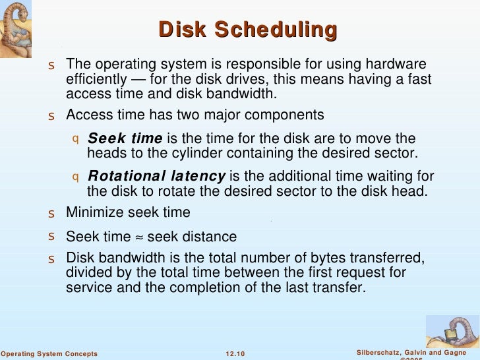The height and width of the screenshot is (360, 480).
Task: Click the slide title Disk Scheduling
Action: pyautogui.click(x=249, y=30)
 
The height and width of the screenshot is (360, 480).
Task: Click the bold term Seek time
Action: pyautogui.click(x=125, y=138)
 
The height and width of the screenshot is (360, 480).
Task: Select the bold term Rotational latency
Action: pyautogui.click(x=156, y=176)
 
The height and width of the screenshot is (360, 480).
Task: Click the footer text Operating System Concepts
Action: pyautogui.click(x=49, y=354)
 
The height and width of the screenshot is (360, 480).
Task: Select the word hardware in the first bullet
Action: pyautogui.click(x=397, y=64)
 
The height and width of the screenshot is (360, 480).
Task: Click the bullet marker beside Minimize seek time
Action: pyautogui.click(x=51, y=214)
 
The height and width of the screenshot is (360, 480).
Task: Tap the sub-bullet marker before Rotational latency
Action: pyautogui.click(x=75, y=177)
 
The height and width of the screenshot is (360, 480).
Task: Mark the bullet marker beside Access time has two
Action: pyautogui.click(x=51, y=117)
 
